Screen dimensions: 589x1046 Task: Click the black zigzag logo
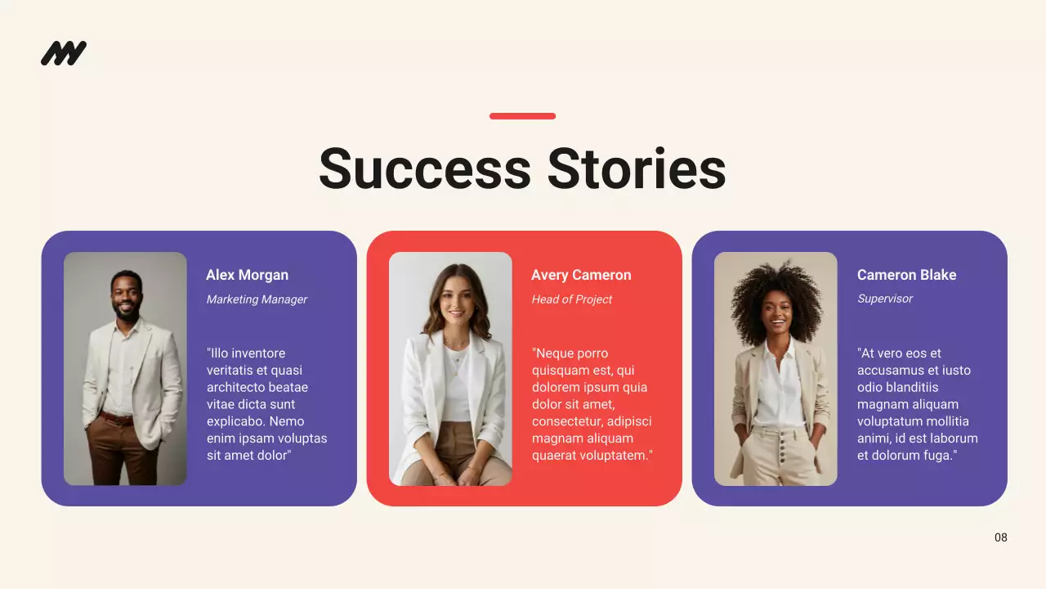coord(64,53)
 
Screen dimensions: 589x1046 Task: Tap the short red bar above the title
coord(522,116)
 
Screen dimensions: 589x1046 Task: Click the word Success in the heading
coord(425,169)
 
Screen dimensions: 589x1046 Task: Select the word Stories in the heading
coord(637,169)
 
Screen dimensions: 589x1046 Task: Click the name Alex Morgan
coord(247,275)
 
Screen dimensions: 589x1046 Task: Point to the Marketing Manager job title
coord(257,299)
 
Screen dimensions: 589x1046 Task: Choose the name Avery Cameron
coord(581,275)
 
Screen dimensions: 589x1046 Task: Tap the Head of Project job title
coord(572,299)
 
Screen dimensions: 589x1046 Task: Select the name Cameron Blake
coord(906,275)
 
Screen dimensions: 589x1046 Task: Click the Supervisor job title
coord(885,299)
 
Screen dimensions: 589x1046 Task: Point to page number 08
coord(1001,537)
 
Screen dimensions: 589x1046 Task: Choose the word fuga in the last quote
coord(937,456)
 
